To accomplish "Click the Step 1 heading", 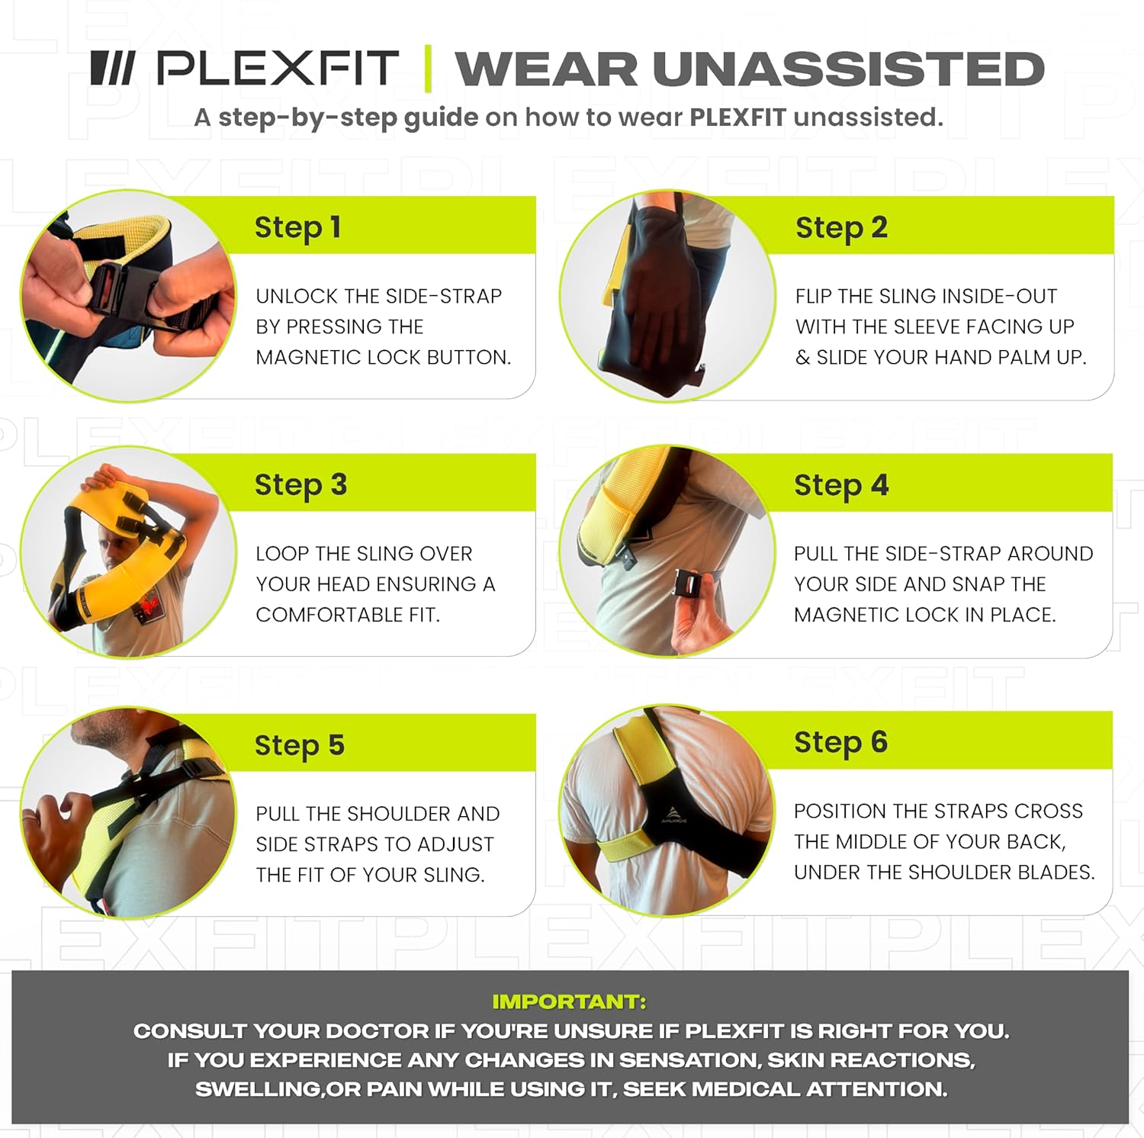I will [x=297, y=228].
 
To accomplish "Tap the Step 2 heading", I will [x=841, y=228].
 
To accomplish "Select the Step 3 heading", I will [x=300, y=485].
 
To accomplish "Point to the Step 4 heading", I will [x=841, y=485].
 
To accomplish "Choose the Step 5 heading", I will [x=299, y=745].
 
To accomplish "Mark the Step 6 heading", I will [x=840, y=742].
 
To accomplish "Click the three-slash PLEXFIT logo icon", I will [x=112, y=68].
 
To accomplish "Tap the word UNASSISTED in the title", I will [x=847, y=69].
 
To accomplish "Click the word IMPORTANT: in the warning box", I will [x=569, y=1001].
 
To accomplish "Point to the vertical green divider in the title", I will [x=428, y=69].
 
